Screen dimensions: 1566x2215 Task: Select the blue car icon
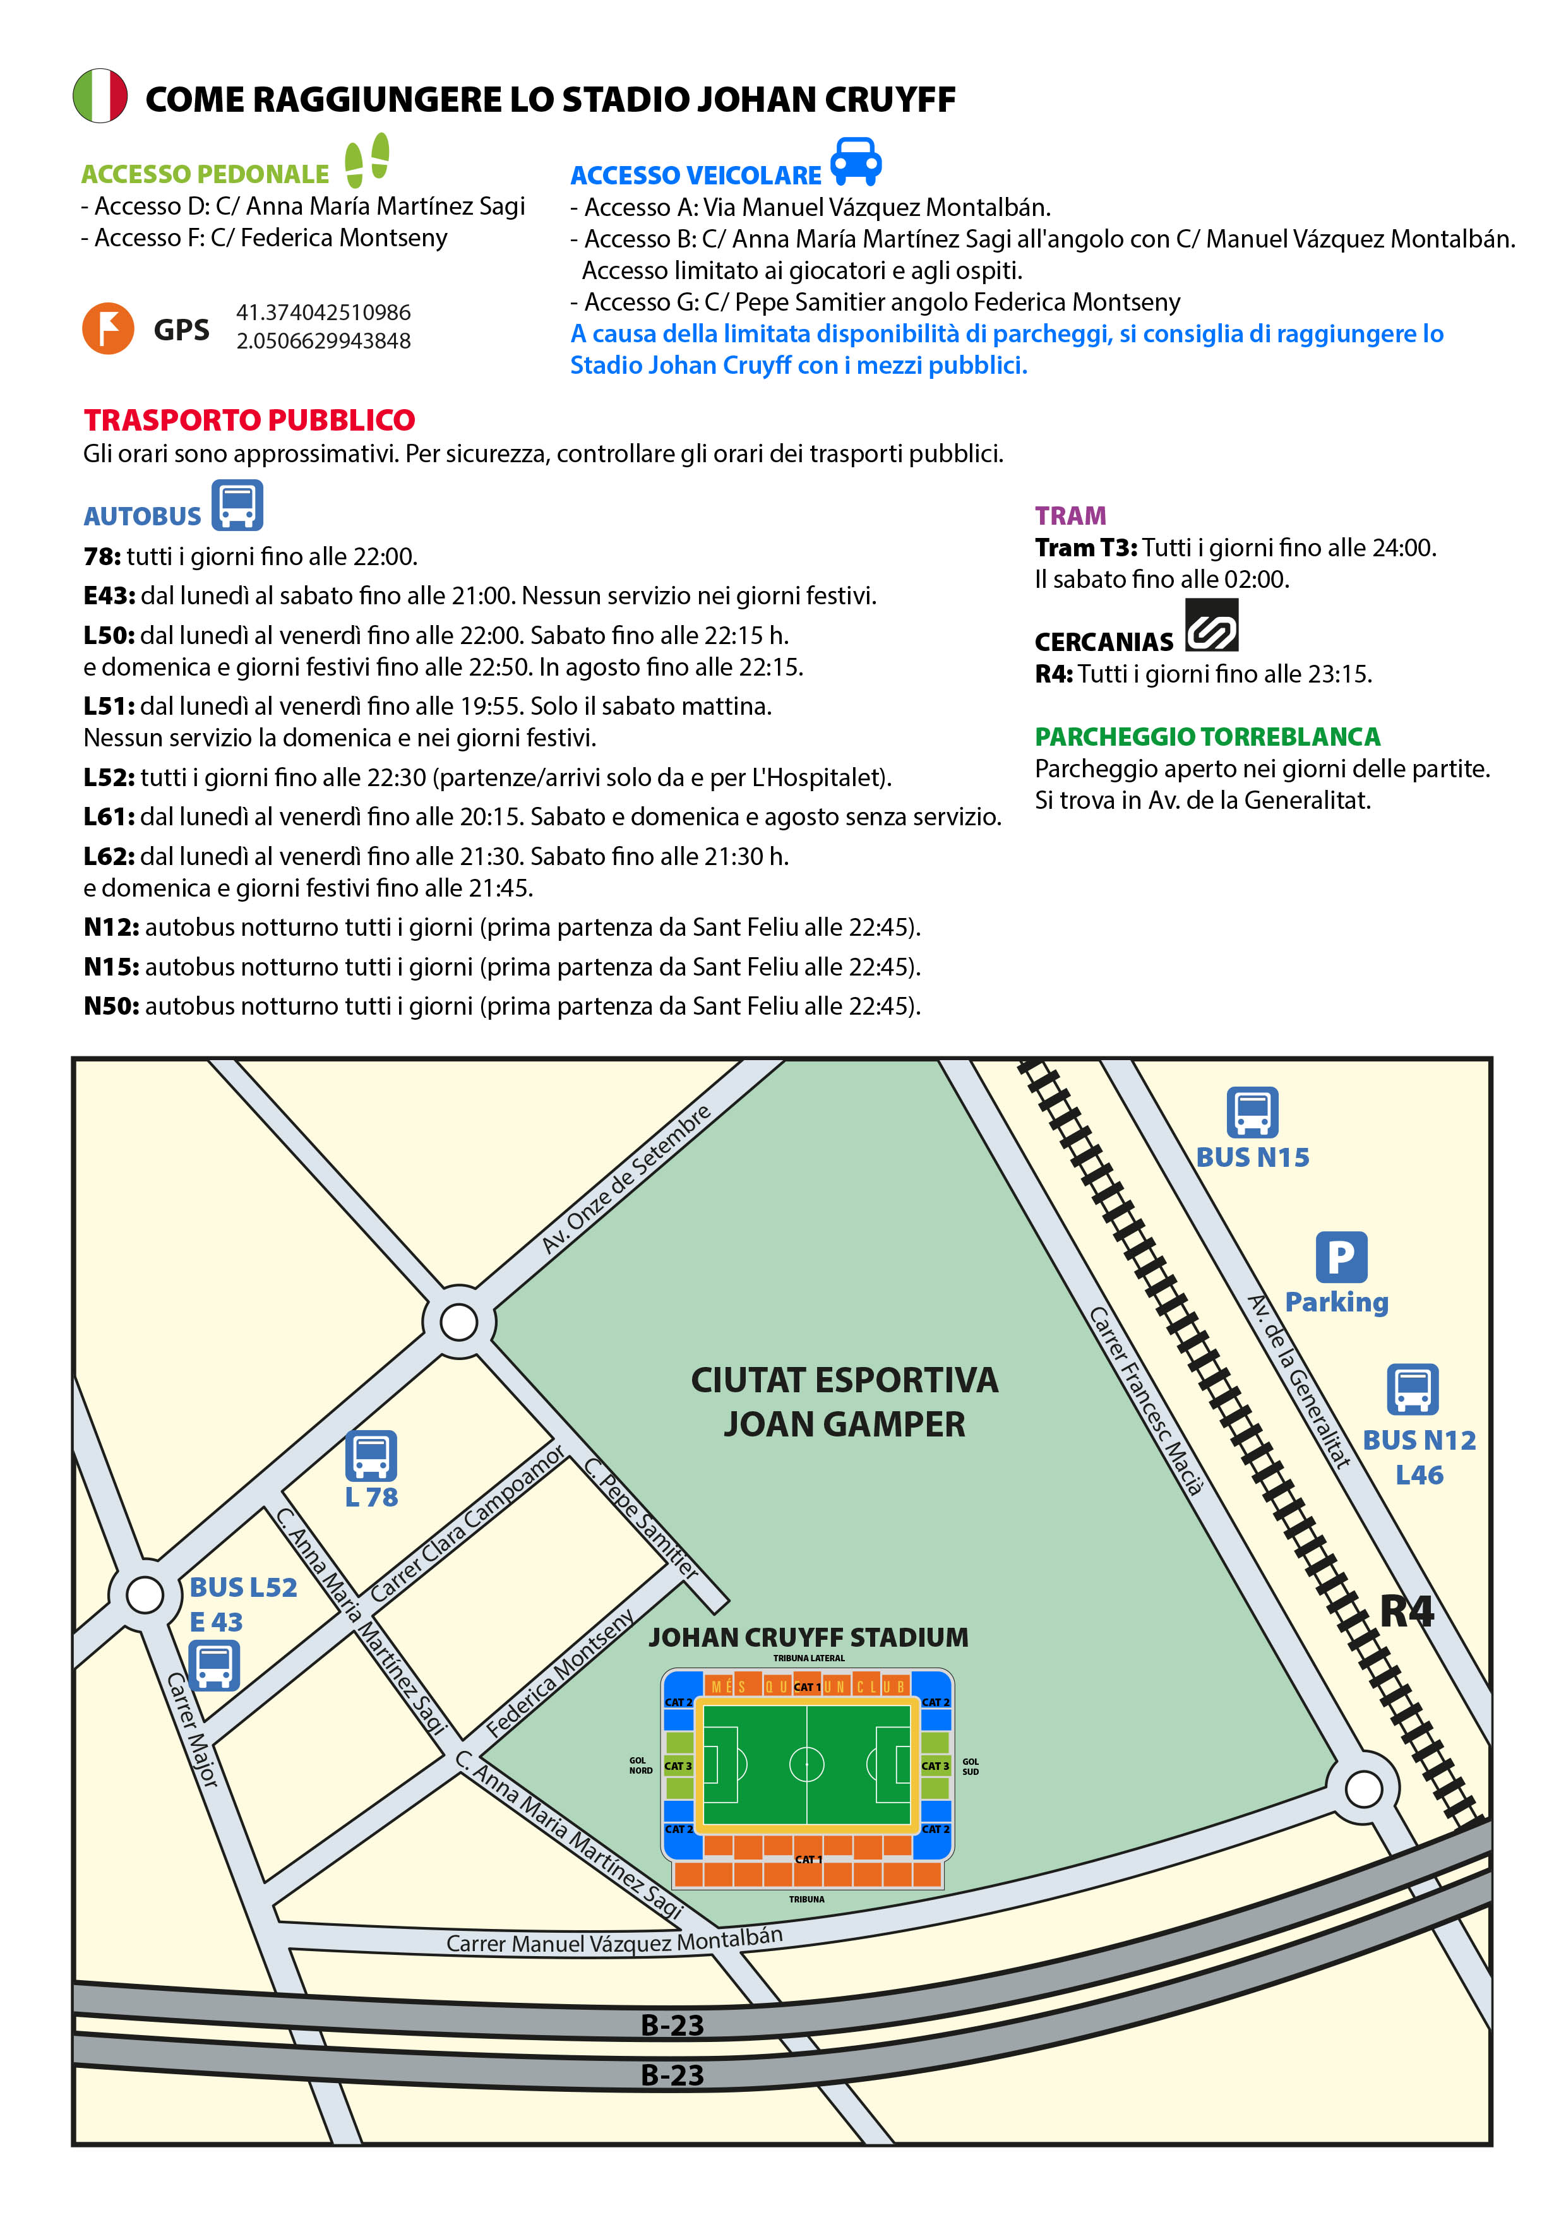click(x=856, y=161)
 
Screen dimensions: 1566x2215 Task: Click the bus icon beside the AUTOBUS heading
click(x=237, y=504)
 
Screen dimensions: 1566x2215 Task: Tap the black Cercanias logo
click(x=1211, y=625)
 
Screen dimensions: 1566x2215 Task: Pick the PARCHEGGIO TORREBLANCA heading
click(x=1207, y=736)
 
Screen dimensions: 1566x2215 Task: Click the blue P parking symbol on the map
click(x=1341, y=1257)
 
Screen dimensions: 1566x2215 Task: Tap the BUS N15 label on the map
click(x=1252, y=1157)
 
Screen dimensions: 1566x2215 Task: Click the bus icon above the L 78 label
click(x=371, y=1455)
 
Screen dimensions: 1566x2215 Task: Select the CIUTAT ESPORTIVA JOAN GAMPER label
click(x=844, y=1402)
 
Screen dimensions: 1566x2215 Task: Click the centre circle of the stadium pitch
click(x=806, y=1764)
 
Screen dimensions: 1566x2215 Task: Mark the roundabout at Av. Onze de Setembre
click(x=458, y=1322)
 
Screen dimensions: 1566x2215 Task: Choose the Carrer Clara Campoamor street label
click(x=467, y=1524)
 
